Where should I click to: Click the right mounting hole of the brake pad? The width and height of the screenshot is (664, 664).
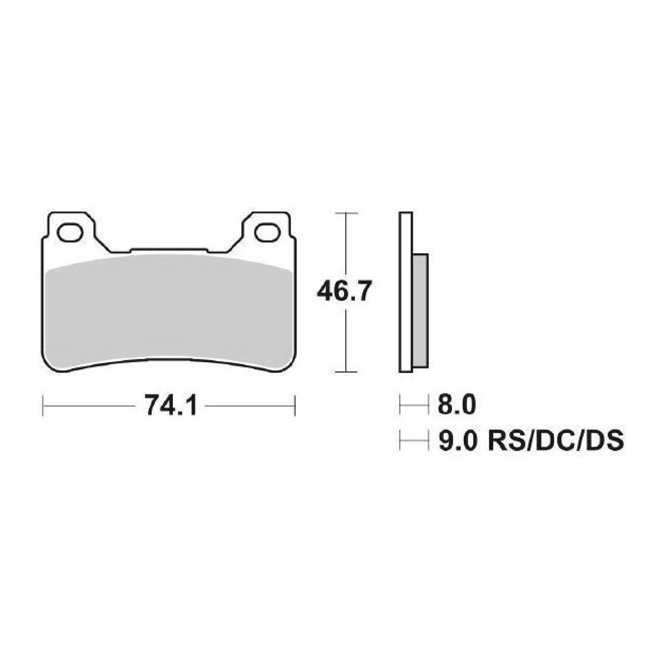266,232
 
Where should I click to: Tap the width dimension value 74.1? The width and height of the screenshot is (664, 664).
170,407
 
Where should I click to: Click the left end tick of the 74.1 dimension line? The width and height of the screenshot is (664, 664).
43,407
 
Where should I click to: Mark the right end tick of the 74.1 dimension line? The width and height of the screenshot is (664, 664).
295,407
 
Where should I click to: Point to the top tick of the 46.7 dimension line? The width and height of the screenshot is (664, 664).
346,212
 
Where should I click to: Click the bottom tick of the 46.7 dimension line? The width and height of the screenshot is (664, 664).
346,372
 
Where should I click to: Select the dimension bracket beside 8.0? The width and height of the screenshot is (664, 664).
413,406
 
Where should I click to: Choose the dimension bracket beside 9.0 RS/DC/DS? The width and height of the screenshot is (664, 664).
413,440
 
